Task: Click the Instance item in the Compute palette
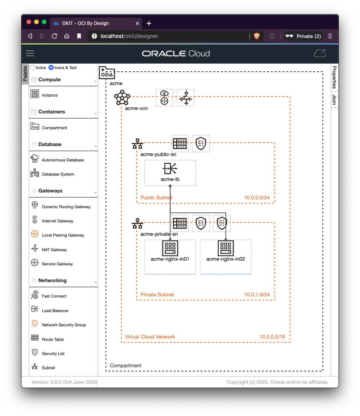tap(49, 95)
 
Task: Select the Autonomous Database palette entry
tap(63, 160)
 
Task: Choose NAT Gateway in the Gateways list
tap(54, 250)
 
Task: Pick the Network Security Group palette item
tap(64, 325)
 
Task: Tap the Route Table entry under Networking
tap(53, 339)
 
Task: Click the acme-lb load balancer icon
tap(170, 169)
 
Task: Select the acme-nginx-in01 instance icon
tap(170, 248)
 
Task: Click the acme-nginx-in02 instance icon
tap(226, 248)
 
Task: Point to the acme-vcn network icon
tap(122, 98)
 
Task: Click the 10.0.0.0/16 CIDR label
tap(272, 337)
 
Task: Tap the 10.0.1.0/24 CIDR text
tap(257, 294)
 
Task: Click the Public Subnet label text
tap(156, 197)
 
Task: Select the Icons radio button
tap(33, 67)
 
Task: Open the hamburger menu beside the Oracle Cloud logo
tap(30, 53)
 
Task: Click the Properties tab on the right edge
tap(334, 77)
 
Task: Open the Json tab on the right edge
tap(334, 99)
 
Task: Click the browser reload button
tap(54, 36)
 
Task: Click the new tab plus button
tap(149, 23)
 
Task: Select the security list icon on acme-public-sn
tap(201, 144)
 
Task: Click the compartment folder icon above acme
tap(107, 72)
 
